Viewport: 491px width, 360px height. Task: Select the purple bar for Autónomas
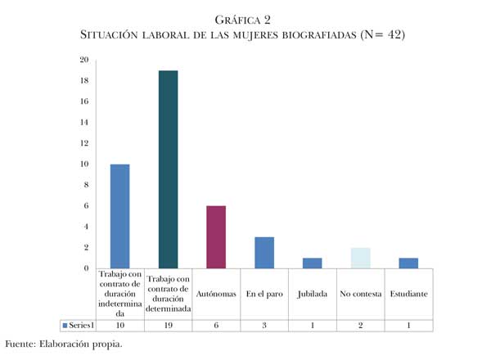[x=215, y=237]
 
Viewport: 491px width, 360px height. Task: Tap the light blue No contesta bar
[x=360, y=258]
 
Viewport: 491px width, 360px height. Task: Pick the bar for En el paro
[x=264, y=253]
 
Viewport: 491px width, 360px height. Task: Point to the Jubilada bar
[x=312, y=263]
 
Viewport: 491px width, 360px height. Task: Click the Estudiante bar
[x=408, y=263]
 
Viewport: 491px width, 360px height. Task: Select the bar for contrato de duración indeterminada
[x=119, y=216]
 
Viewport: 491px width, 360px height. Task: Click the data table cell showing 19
[x=168, y=325]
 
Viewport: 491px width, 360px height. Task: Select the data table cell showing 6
[x=215, y=325]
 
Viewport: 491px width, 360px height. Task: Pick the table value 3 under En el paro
[x=264, y=325]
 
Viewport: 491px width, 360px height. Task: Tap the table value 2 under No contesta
[x=360, y=325]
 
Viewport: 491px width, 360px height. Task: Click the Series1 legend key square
[x=65, y=326]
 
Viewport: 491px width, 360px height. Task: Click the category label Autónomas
[x=215, y=293]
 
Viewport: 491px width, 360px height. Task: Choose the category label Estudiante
[x=408, y=293]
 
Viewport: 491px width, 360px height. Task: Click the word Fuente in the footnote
[x=20, y=343]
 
